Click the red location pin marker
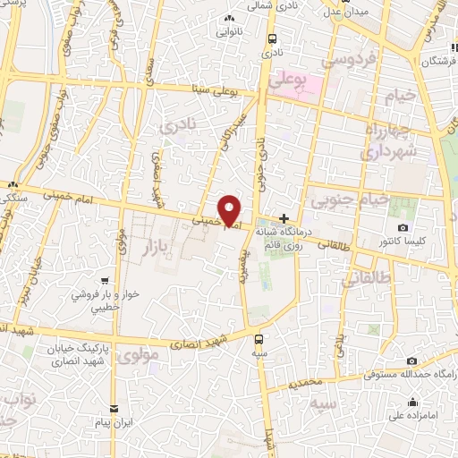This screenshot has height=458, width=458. [230, 210]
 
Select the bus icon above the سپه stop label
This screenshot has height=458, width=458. [259, 339]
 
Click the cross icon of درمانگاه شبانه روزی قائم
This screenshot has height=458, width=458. [284, 218]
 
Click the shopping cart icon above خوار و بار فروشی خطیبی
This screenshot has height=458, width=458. [106, 281]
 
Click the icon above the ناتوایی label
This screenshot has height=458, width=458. [230, 19]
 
